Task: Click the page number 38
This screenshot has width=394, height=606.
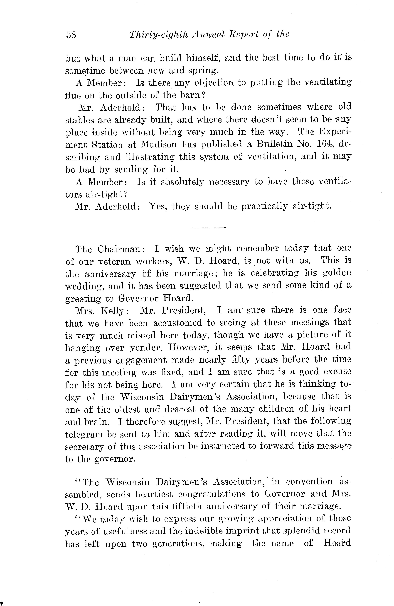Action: click(71, 35)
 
